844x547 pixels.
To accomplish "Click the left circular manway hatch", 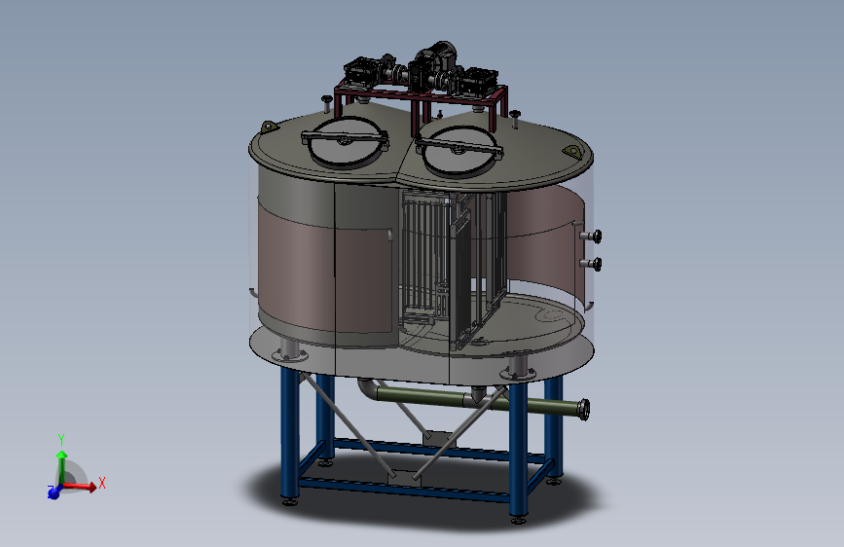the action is click(x=345, y=142).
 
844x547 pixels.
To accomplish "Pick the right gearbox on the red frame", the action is click(x=479, y=80).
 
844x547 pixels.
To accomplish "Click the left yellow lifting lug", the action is click(x=269, y=128).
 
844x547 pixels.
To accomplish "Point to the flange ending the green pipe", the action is click(x=584, y=410).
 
